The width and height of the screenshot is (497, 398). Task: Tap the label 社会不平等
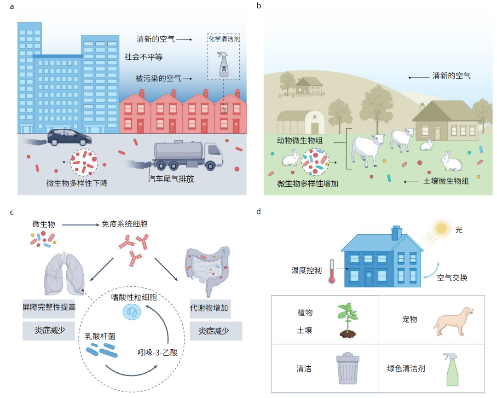coord(144,57)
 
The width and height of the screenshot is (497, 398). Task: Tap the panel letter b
coord(259,6)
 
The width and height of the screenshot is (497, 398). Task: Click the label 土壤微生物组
coord(445,181)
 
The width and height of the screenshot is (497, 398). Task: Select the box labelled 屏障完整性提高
coord(49,307)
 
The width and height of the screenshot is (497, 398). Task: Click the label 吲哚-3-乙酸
coord(158,353)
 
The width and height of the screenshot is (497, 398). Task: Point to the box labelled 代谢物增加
coord(210,307)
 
